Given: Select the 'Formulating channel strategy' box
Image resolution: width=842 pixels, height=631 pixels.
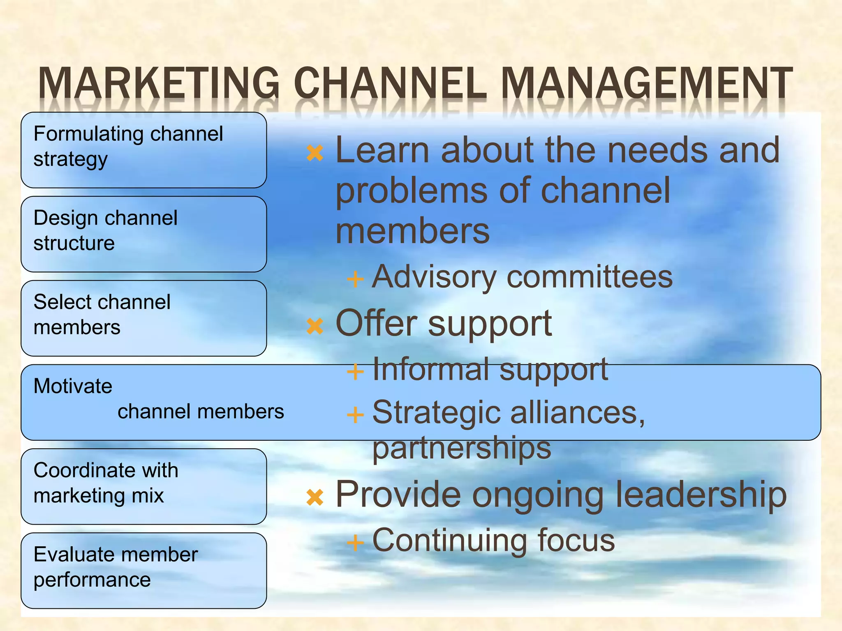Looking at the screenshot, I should pyautogui.click(x=143, y=150).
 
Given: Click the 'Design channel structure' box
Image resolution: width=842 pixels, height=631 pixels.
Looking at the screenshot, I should pyautogui.click(x=143, y=234).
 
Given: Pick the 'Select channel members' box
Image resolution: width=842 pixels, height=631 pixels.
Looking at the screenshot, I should pyautogui.click(x=143, y=318).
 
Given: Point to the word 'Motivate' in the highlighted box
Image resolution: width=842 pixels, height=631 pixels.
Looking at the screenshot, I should pyautogui.click(x=73, y=386).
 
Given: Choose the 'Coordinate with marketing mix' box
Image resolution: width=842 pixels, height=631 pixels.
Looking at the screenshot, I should pyautogui.click(x=143, y=486).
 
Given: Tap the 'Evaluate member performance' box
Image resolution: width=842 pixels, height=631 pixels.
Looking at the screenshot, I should pyautogui.click(x=143, y=570).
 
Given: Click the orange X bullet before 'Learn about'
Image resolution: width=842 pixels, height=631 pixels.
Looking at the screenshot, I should pyautogui.click(x=315, y=153).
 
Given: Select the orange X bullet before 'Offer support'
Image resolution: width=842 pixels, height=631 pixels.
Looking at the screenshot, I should pyautogui.click(x=315, y=326).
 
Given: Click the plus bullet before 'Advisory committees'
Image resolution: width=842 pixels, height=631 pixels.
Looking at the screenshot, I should pyautogui.click(x=355, y=279).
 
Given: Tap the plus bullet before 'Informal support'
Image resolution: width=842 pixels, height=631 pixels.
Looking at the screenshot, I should pyautogui.click(x=355, y=372).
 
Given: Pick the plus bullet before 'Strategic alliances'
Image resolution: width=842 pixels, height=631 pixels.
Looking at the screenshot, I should pyautogui.click(x=355, y=415).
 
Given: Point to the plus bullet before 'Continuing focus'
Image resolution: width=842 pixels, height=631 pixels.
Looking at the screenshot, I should pyautogui.click(x=355, y=543).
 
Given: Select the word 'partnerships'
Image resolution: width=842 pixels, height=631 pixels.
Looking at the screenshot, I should pyautogui.click(x=461, y=449).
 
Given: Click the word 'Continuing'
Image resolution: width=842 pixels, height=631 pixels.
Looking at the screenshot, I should pyautogui.click(x=449, y=541).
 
